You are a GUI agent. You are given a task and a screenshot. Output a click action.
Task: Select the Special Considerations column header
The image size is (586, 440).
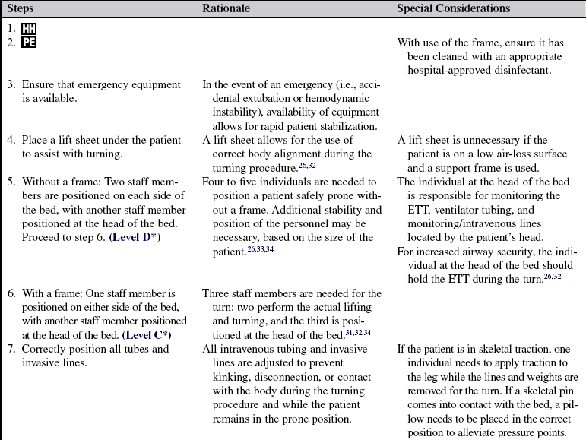(x=453, y=9)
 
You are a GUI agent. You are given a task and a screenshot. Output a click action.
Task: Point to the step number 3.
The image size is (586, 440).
(x=11, y=84)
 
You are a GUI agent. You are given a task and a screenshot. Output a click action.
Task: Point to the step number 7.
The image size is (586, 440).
(x=11, y=349)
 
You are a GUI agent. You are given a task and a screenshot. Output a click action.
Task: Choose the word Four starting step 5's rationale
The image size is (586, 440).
(x=214, y=182)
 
